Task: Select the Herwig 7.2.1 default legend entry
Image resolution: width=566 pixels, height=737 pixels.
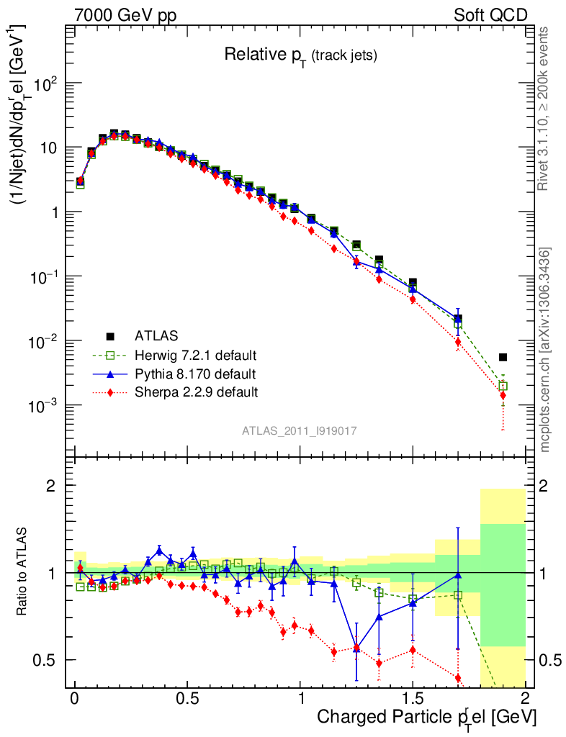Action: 195,356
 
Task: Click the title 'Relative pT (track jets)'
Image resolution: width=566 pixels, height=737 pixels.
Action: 300,55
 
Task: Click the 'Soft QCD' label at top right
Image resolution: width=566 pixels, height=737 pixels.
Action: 490,15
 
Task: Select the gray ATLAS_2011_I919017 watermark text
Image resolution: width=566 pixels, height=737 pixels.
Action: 300,430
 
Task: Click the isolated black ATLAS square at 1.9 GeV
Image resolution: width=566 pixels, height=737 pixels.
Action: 503,357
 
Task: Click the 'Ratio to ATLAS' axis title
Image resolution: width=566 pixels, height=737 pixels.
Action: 23,572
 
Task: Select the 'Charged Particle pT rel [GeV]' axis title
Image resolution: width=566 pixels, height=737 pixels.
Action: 426,718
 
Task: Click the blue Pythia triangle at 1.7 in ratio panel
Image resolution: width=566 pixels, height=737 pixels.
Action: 458,574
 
